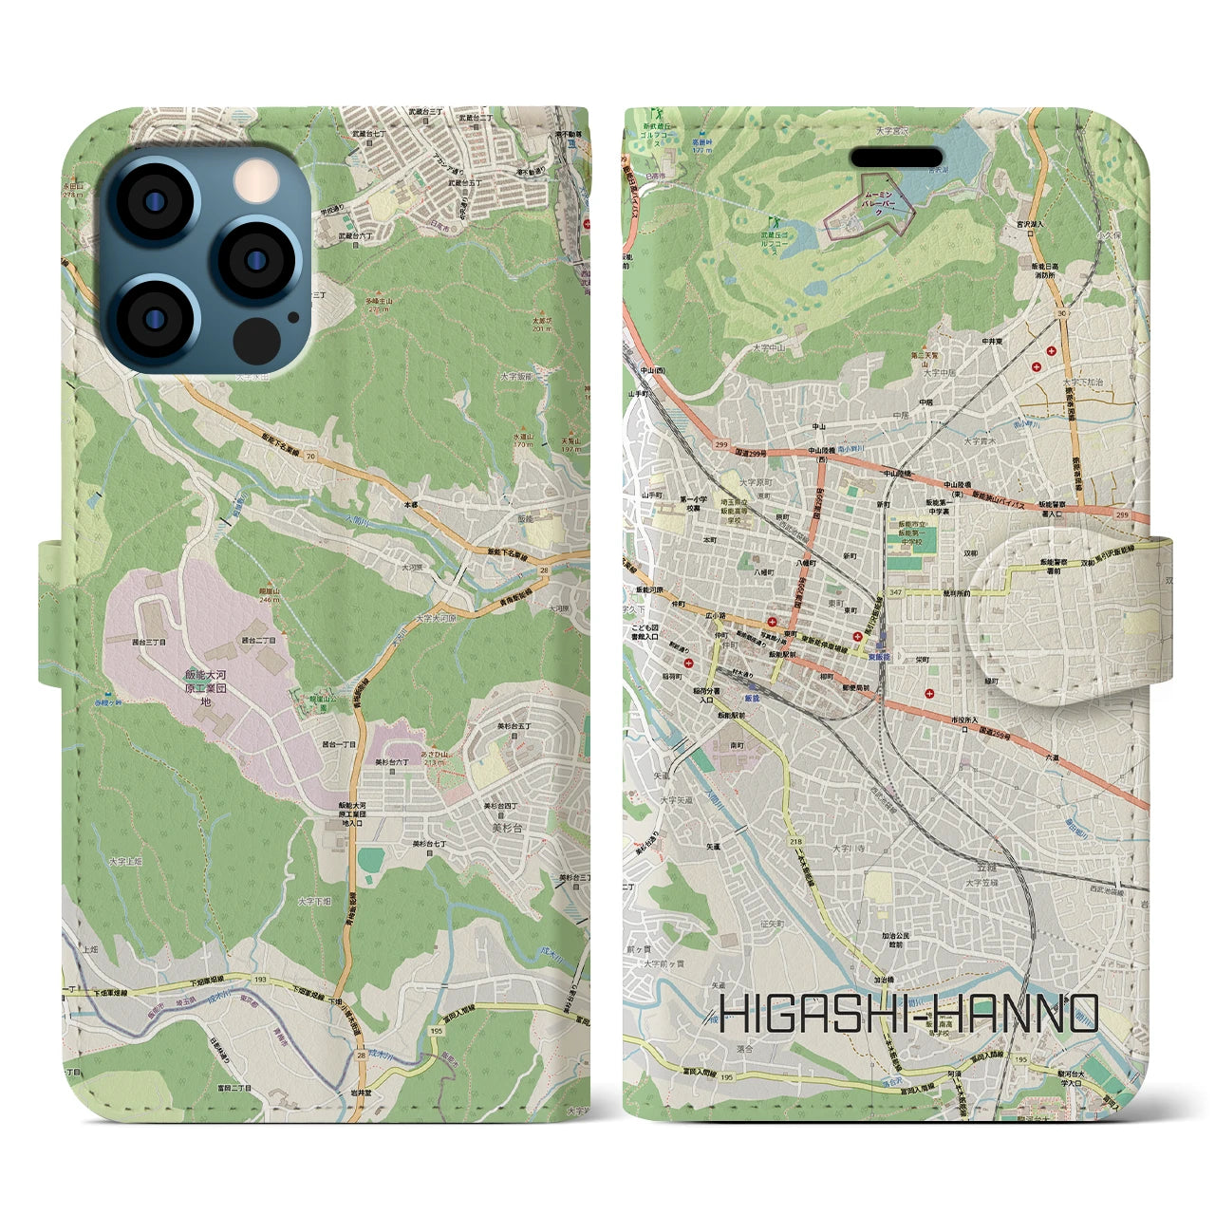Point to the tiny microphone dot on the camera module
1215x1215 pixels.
point(317,295)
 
